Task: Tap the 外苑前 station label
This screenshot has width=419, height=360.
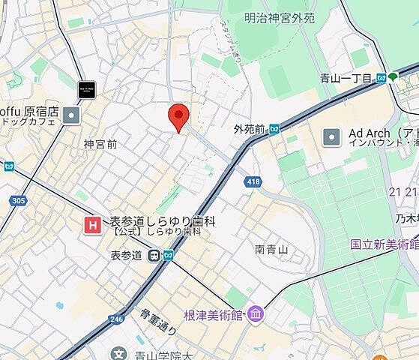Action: point(250,129)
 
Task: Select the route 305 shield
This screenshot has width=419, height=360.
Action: point(19,200)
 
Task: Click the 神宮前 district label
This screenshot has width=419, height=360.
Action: point(100,143)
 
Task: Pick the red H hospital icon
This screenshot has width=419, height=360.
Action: point(93,223)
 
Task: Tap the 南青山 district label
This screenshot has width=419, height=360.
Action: point(271,249)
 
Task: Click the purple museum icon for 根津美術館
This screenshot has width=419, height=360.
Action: point(255,313)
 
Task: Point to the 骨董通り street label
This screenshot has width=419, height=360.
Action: point(157,322)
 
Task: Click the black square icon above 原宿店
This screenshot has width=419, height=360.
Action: point(88,88)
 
